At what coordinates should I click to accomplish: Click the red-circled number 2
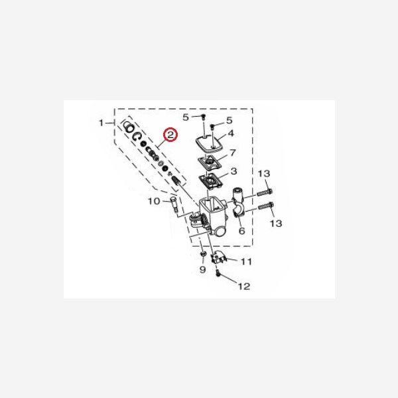[x=171, y=135]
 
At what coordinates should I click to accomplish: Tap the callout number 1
[x=101, y=123]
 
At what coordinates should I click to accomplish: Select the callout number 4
[x=231, y=133]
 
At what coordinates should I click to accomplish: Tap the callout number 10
[x=152, y=201]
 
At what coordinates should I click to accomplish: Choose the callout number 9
[x=203, y=271]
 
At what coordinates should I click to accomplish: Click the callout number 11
[x=246, y=262]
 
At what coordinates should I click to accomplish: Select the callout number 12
[x=244, y=287]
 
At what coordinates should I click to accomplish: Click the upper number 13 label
[x=264, y=173]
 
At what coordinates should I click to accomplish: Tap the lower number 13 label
[x=276, y=224]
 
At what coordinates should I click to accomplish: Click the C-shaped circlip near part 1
[x=137, y=136]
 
